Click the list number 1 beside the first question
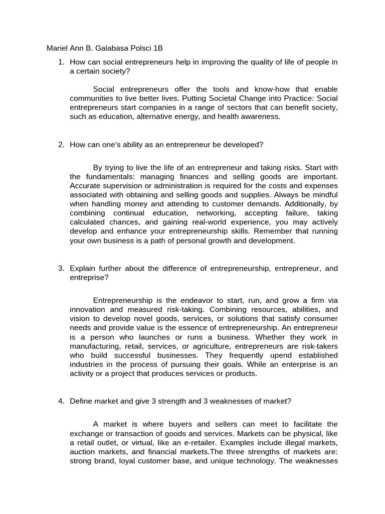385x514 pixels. tap(61, 62)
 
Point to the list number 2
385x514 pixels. tap(61, 145)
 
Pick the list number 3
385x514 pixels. tap(61, 269)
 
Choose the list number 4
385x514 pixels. tap(61, 401)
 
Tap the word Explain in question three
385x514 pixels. tap(83, 269)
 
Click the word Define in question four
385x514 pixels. tap(82, 401)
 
